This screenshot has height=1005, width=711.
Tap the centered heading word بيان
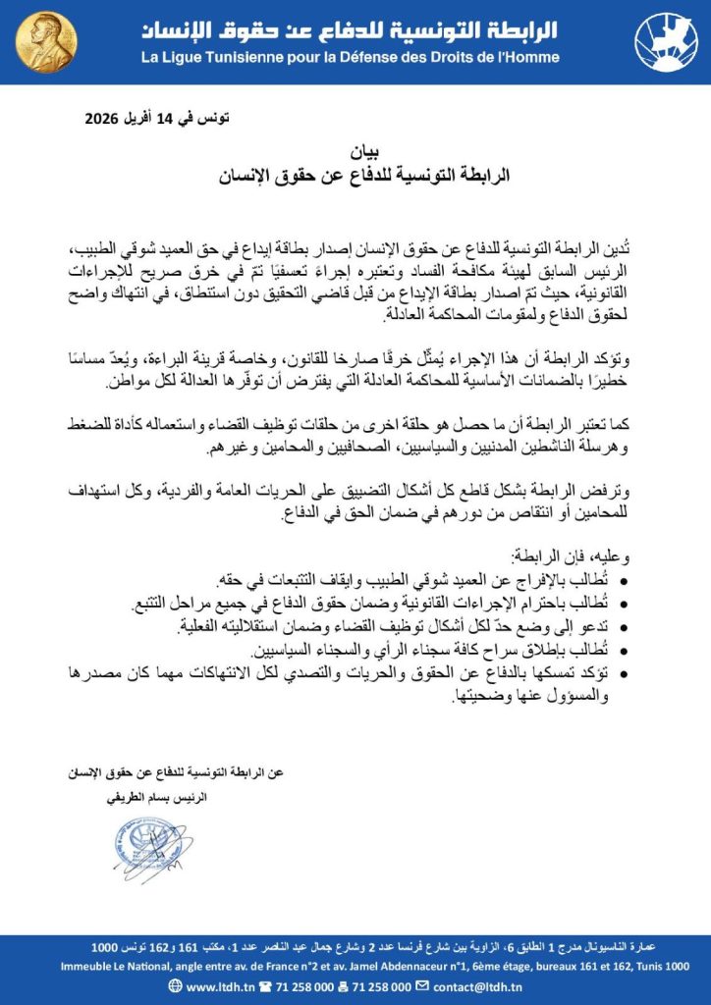click(x=355, y=152)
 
